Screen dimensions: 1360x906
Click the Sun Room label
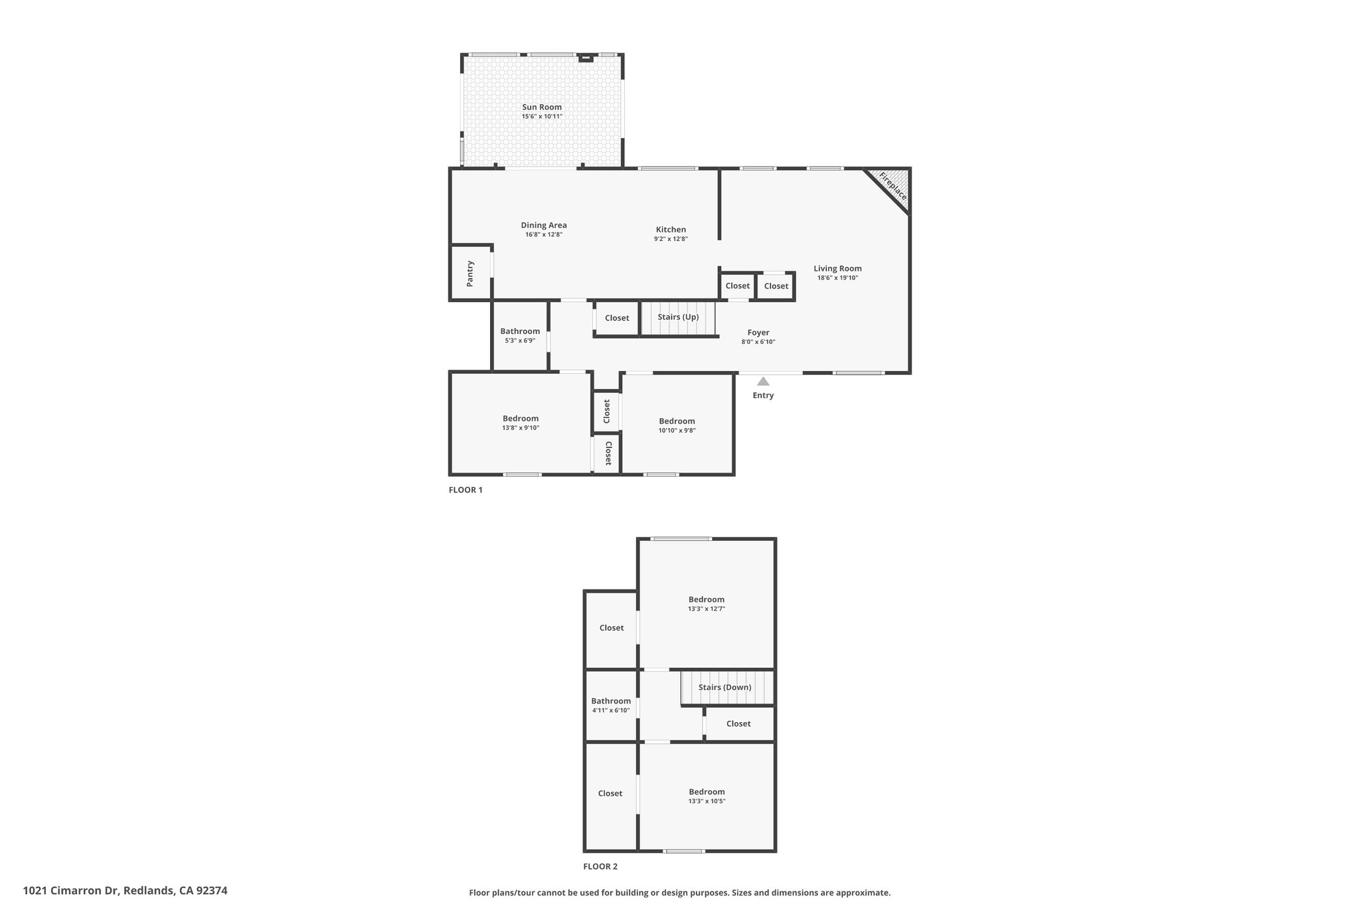click(x=542, y=107)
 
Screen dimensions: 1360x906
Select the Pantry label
click(x=470, y=273)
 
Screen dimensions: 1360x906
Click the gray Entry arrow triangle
click(x=763, y=381)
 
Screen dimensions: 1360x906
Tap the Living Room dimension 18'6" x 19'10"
click(x=837, y=278)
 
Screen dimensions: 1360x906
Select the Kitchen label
click(x=671, y=230)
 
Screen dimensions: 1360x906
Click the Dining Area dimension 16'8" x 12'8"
click(x=544, y=234)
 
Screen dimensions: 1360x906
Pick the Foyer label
click(x=758, y=333)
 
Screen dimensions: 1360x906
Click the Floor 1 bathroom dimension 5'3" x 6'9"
click(x=520, y=340)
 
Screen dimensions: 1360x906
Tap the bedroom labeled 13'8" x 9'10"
click(x=521, y=423)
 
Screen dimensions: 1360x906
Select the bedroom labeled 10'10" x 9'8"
click(x=677, y=425)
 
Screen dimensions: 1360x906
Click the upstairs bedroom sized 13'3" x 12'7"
click(x=707, y=603)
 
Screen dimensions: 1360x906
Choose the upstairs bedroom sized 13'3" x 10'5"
click(x=707, y=796)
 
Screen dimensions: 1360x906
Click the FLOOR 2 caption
click(x=600, y=866)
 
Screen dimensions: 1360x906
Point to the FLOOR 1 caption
click(x=466, y=490)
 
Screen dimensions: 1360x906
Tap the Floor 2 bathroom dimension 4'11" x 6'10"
click(x=611, y=710)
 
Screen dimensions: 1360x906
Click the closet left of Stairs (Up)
click(x=617, y=318)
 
